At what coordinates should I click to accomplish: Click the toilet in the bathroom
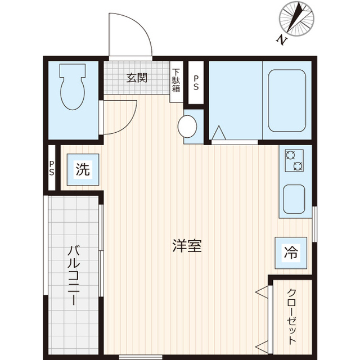point(73,85)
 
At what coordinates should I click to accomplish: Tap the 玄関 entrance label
point(137,78)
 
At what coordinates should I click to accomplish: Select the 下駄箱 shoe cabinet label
point(176,80)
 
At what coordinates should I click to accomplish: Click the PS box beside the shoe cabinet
point(196,83)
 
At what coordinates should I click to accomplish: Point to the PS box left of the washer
point(52,168)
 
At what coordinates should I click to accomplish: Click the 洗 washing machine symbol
point(83,169)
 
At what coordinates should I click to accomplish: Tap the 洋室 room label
point(187,246)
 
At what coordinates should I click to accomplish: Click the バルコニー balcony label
point(73,274)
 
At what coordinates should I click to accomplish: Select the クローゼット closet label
point(292,317)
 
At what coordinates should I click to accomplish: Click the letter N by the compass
point(281,39)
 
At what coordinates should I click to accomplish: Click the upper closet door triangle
point(262,291)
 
